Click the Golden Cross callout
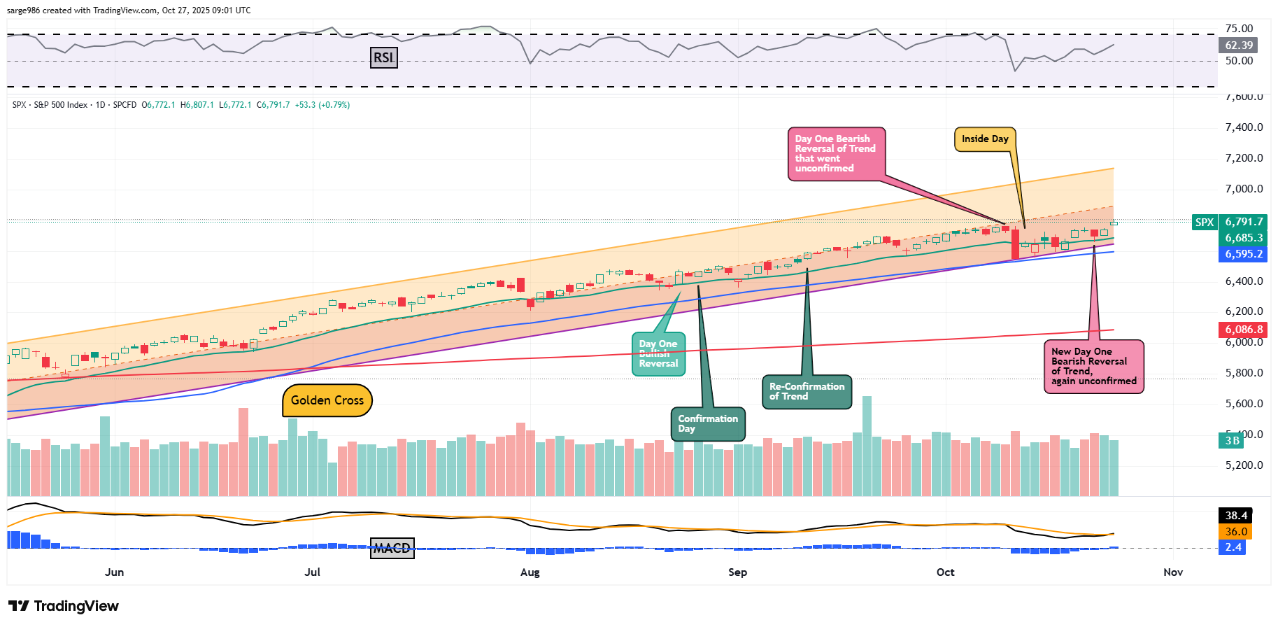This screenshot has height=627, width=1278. point(327,400)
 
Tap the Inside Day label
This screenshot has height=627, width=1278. point(985,139)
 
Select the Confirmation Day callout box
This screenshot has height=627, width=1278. point(708,424)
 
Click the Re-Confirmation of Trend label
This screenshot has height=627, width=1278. point(807,391)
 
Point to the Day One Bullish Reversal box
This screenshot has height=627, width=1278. point(658,354)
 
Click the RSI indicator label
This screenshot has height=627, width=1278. point(383,57)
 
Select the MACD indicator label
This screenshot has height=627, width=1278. point(392,548)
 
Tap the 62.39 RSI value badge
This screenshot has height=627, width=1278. point(1239,45)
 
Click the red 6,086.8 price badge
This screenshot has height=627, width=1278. point(1244,329)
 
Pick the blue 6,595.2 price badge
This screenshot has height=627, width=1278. point(1244,254)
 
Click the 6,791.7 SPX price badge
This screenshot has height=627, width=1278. point(1244,222)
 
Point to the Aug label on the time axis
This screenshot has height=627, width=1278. point(530,572)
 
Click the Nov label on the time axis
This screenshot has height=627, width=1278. point(1173,572)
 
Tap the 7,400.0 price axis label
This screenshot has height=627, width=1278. point(1244,127)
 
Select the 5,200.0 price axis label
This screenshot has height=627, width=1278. point(1244,465)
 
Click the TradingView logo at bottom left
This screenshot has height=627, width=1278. point(64,606)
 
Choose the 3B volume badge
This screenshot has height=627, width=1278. point(1232,440)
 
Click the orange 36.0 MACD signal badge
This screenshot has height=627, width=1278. point(1236,532)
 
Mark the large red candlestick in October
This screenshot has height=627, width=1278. point(1015,244)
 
